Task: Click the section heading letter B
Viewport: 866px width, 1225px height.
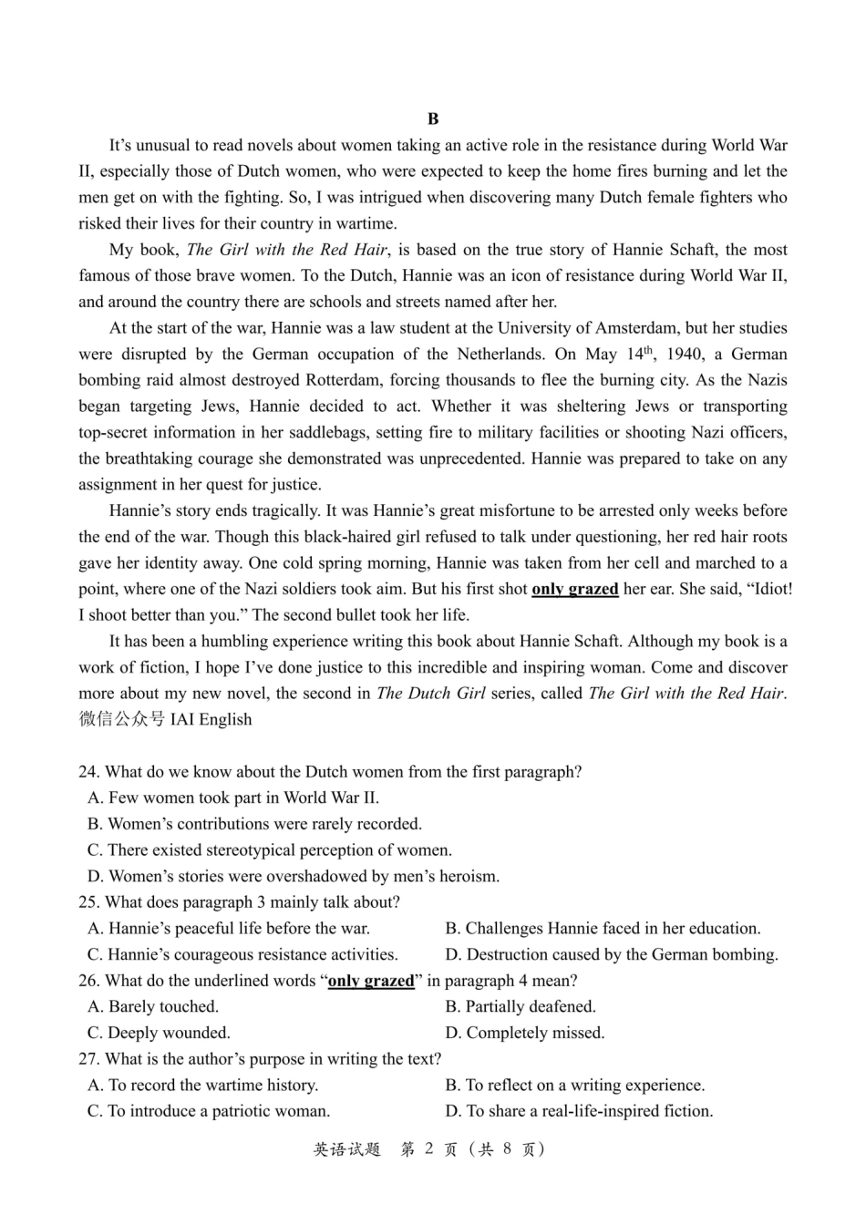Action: pyautogui.click(x=433, y=119)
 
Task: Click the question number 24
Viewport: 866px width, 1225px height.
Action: pyautogui.click(x=88, y=772)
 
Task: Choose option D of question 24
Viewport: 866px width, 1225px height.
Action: pyautogui.click(x=294, y=877)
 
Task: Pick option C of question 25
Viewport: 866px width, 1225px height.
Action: pyautogui.click(x=242, y=955)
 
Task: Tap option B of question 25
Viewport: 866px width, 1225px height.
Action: pyautogui.click(x=603, y=929)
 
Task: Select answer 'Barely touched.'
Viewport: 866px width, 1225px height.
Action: pyautogui.click(x=153, y=1007)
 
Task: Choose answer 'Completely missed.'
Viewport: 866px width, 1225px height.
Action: pyautogui.click(x=525, y=1034)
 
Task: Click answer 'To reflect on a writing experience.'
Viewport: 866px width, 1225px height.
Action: pyautogui.click(x=575, y=1086)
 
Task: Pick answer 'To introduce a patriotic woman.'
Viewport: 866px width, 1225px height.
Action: pyautogui.click(x=209, y=1112)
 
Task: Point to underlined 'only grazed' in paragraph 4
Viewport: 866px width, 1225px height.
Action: pyautogui.click(x=574, y=590)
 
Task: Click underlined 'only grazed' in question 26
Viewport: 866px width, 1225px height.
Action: pyautogui.click(x=370, y=982)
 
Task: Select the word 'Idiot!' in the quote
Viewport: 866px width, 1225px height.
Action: pyautogui.click(x=770, y=590)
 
